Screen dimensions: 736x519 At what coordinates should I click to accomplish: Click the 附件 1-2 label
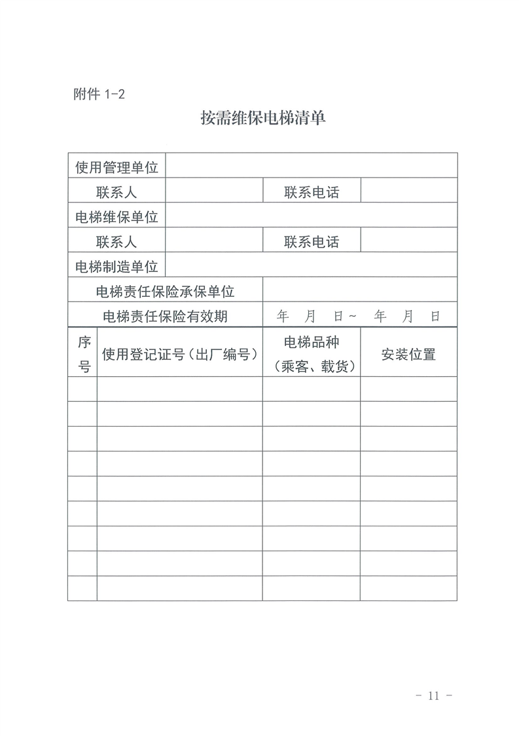click(x=98, y=94)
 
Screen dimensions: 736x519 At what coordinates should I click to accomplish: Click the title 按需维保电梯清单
click(x=262, y=119)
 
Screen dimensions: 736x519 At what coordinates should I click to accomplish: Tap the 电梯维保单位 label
click(x=116, y=216)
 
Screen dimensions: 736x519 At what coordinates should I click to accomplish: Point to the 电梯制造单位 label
click(x=116, y=266)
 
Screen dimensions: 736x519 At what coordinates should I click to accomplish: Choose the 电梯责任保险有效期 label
click(x=165, y=316)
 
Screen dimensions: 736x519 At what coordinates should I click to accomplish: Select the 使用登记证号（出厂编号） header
click(x=179, y=355)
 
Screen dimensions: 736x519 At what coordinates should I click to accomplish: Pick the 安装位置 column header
click(x=408, y=355)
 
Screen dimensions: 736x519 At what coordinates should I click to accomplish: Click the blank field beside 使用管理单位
click(x=312, y=166)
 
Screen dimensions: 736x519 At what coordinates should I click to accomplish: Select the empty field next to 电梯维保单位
click(x=312, y=216)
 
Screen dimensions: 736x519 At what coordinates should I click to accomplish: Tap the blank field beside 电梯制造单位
click(x=312, y=265)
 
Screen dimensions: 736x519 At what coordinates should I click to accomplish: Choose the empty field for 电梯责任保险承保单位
click(x=360, y=290)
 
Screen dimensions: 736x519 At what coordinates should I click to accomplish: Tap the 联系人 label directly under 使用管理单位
click(x=116, y=192)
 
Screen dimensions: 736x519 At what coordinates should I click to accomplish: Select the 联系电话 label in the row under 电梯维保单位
click(x=312, y=242)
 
